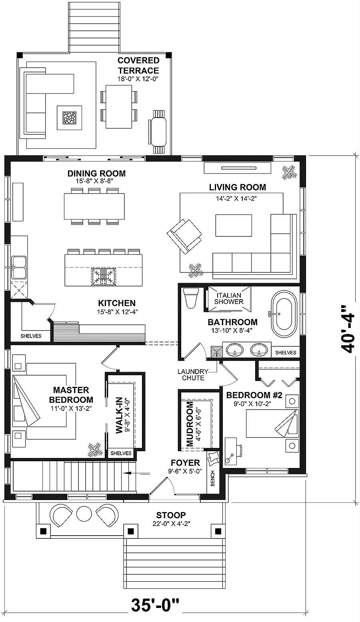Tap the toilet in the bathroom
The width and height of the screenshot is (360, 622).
pos(191,298)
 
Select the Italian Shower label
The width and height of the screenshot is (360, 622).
pos(229,298)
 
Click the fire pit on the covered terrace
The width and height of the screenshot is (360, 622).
pos(70,118)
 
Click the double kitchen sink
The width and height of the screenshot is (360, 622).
pos(19,268)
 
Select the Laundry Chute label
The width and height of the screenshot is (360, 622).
pos(193,374)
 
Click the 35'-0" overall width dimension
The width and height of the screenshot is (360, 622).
pos(155,610)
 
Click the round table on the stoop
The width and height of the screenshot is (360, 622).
pos(84,514)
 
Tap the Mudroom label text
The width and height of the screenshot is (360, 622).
pos(190,424)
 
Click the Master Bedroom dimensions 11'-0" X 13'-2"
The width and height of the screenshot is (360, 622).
pos(71,408)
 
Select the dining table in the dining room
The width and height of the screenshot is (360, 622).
pos(94,206)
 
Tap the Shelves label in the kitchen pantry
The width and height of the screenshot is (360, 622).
pos(31,336)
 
